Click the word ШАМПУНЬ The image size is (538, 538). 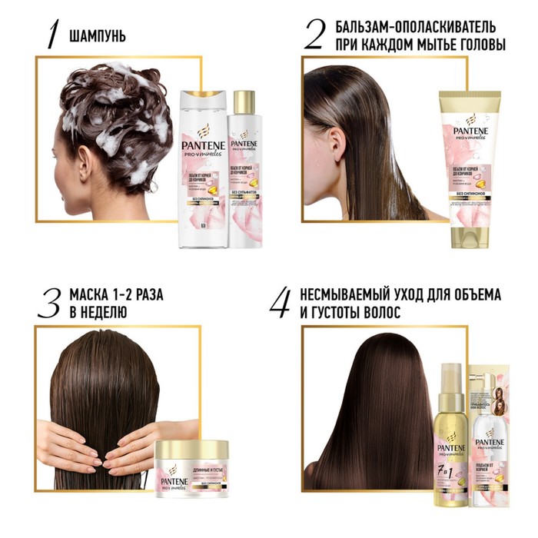[x=98, y=36]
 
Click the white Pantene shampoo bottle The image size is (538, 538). [x=202, y=169]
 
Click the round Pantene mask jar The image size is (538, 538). [x=187, y=466]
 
